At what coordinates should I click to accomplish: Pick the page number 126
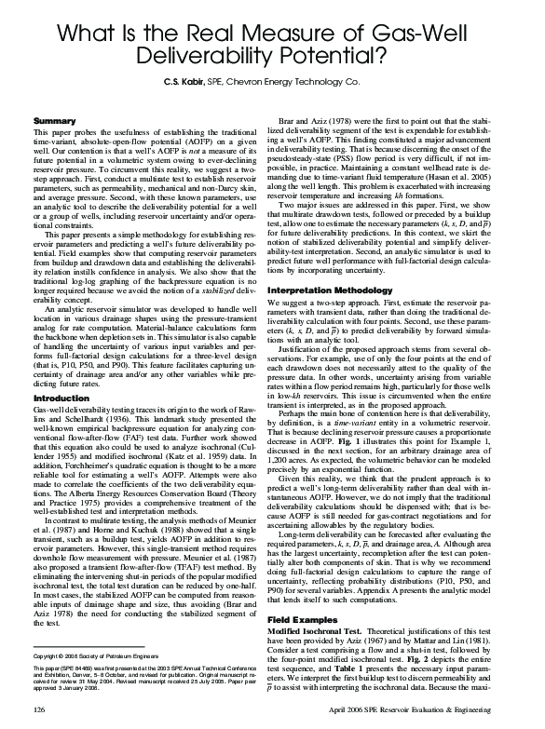pyautogui.click(x=39, y=709)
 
